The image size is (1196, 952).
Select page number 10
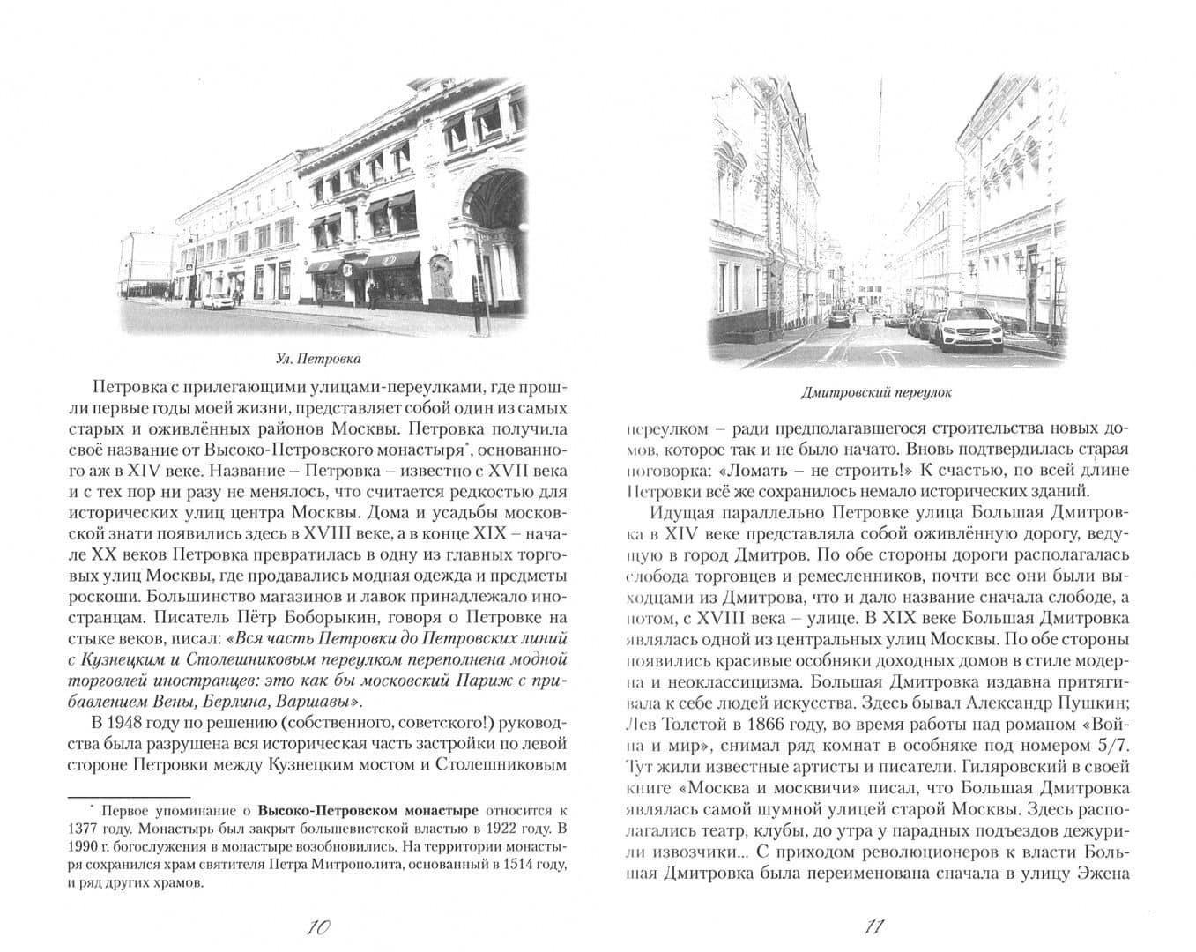(316, 926)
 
